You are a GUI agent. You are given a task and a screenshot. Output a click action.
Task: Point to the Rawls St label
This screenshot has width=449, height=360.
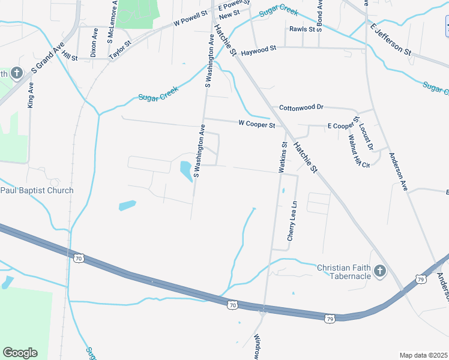coord(302,29)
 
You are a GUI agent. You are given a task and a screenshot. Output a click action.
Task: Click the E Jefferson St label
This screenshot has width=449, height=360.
coord(391,40)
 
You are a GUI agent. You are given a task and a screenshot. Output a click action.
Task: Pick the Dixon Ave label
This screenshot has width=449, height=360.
coord(94,41)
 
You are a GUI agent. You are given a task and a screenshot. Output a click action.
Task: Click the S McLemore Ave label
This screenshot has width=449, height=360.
coord(112,22)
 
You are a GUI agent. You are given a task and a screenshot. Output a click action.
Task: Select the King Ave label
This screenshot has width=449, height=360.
coord(31,95)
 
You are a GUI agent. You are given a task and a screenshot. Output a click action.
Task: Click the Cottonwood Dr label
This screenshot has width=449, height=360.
coord(301,107)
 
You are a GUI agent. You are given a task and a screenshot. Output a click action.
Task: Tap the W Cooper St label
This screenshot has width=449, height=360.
coord(256,125)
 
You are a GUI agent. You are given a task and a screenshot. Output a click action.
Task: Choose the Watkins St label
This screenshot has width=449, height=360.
coord(283,157)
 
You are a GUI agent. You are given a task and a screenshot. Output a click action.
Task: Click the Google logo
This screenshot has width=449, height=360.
coord(20,352)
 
